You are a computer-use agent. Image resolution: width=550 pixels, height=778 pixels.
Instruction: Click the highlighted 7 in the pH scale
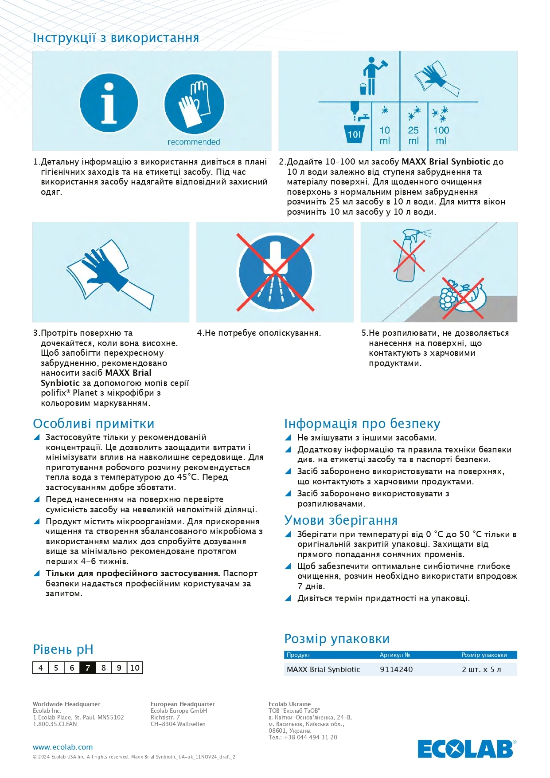coord(88,668)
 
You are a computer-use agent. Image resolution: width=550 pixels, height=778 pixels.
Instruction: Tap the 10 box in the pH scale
coord(135,668)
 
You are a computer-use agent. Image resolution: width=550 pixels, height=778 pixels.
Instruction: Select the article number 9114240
coord(396,669)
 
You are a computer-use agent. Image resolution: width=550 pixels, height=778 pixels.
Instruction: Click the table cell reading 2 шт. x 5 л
coord(481,669)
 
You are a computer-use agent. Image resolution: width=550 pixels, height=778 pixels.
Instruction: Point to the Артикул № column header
coord(395,655)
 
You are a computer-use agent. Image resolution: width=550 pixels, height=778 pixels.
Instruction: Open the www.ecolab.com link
coord(63,747)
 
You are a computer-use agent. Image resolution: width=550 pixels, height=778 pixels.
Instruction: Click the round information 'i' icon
coord(109,103)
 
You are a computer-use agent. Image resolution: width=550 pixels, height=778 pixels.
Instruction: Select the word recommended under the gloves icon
coord(194,142)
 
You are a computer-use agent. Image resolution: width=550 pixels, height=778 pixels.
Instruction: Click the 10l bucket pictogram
coord(355,134)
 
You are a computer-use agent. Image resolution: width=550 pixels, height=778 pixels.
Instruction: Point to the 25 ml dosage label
coord(413,135)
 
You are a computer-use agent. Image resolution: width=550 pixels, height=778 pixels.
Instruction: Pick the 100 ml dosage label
coord(441,135)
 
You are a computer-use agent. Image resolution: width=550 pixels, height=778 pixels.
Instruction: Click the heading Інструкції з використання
coord(116,38)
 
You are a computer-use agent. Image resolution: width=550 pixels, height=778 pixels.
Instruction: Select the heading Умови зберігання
coord(341,520)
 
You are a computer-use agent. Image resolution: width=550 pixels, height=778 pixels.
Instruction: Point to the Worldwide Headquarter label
coord(66,704)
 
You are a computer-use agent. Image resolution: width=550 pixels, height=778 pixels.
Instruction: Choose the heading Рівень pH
coord(63,649)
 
